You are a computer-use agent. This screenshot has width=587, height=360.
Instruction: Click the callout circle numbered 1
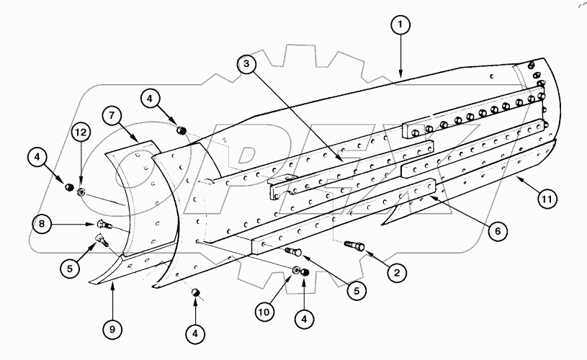coord(400,24)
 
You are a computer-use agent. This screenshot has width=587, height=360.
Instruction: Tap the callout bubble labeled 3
coord(246,65)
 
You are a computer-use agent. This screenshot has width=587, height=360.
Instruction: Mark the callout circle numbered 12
coord(81,132)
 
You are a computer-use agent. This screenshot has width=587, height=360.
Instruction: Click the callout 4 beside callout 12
coord(38,156)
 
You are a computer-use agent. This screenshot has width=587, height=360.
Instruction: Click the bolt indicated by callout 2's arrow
coord(357,246)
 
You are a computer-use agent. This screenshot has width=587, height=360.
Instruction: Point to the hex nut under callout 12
coord(81,192)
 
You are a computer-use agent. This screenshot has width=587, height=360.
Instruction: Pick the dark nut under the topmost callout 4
coord(182,130)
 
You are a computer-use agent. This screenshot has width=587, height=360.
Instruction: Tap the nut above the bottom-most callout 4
coord(194,292)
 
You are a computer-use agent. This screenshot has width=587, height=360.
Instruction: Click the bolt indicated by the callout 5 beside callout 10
coord(293,251)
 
